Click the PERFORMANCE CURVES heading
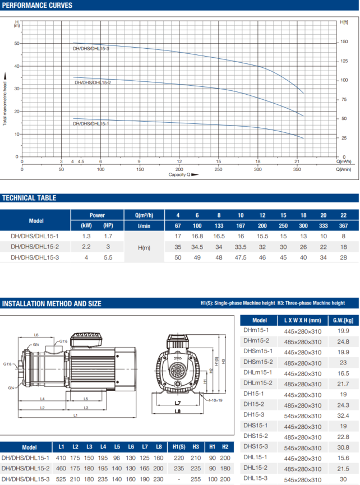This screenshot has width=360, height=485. coord(37,5)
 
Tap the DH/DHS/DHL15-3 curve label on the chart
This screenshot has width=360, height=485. coord(91,49)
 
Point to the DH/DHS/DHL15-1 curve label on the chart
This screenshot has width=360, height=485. coord(91,124)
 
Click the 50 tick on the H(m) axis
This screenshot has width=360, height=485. coord(17,43)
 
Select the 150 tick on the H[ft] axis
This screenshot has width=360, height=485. coord(344,41)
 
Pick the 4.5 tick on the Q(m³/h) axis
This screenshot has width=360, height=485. coord(81,161)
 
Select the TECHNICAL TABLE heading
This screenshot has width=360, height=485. coord(29,198)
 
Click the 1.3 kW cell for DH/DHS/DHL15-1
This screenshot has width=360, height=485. coord(86,236)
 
